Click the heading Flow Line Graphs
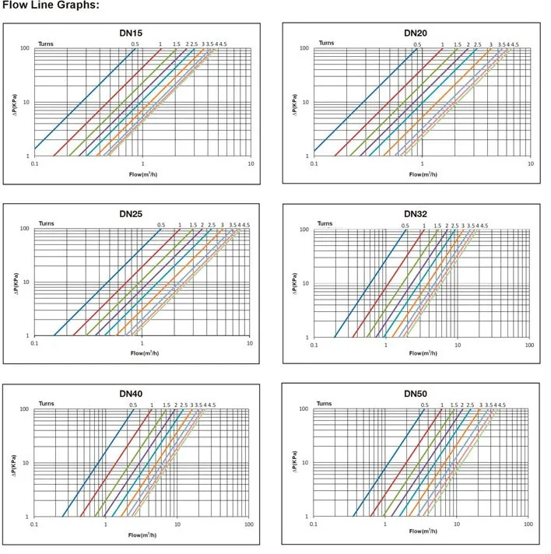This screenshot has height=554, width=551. click(x=51, y=6)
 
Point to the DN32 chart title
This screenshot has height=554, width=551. click(x=416, y=214)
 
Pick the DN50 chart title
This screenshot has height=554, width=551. click(x=416, y=394)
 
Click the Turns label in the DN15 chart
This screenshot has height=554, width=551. click(x=47, y=44)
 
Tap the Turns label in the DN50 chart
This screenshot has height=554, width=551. click(x=325, y=405)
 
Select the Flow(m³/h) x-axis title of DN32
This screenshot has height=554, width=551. click(x=422, y=356)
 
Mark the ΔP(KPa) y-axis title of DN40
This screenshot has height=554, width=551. click(x=14, y=463)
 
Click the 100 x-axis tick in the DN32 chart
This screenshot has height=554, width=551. click(x=529, y=345)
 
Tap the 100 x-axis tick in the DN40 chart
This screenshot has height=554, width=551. click(x=248, y=525)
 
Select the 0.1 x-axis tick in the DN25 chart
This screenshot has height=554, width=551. click(x=34, y=344)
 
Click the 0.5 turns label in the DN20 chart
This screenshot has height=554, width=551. click(x=417, y=44)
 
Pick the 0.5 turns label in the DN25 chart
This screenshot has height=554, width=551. click(x=161, y=225)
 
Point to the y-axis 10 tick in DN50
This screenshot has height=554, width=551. click(x=306, y=463)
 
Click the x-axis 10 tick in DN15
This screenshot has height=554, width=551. click(x=251, y=164)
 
